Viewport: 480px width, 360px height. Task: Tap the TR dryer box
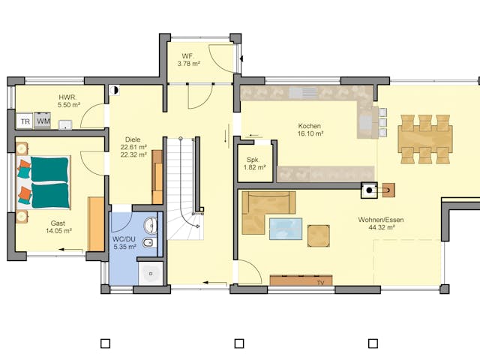[x=25, y=121]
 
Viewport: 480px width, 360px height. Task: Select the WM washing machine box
[x=43, y=121]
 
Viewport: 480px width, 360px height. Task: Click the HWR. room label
[x=67, y=97]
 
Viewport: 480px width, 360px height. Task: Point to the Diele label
[x=133, y=139]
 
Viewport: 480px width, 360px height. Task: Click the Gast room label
[x=58, y=223]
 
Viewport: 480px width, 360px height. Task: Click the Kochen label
[x=310, y=126]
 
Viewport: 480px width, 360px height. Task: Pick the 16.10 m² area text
[x=310, y=133]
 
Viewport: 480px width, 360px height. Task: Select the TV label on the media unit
[x=319, y=283]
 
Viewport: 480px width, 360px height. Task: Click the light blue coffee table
[x=286, y=228]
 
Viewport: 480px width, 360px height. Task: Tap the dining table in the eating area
[x=425, y=139]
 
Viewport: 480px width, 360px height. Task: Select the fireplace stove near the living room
[x=371, y=191]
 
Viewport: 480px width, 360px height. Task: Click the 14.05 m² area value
[x=58, y=232]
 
